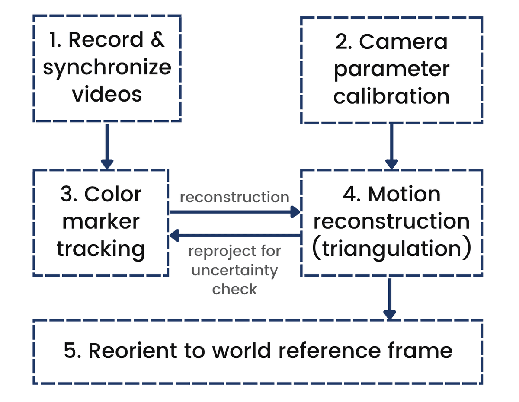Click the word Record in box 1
(x=106, y=40)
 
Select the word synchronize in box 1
(x=107, y=67)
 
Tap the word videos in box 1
(x=107, y=94)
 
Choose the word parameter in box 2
(x=391, y=69)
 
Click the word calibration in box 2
(x=391, y=96)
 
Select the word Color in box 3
(x=113, y=195)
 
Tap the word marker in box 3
(x=101, y=222)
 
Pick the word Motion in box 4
(x=404, y=195)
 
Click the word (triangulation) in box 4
(x=391, y=249)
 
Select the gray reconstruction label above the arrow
(x=234, y=197)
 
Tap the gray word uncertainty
(x=234, y=270)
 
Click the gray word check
(x=234, y=289)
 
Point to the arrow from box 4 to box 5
(x=390, y=298)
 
